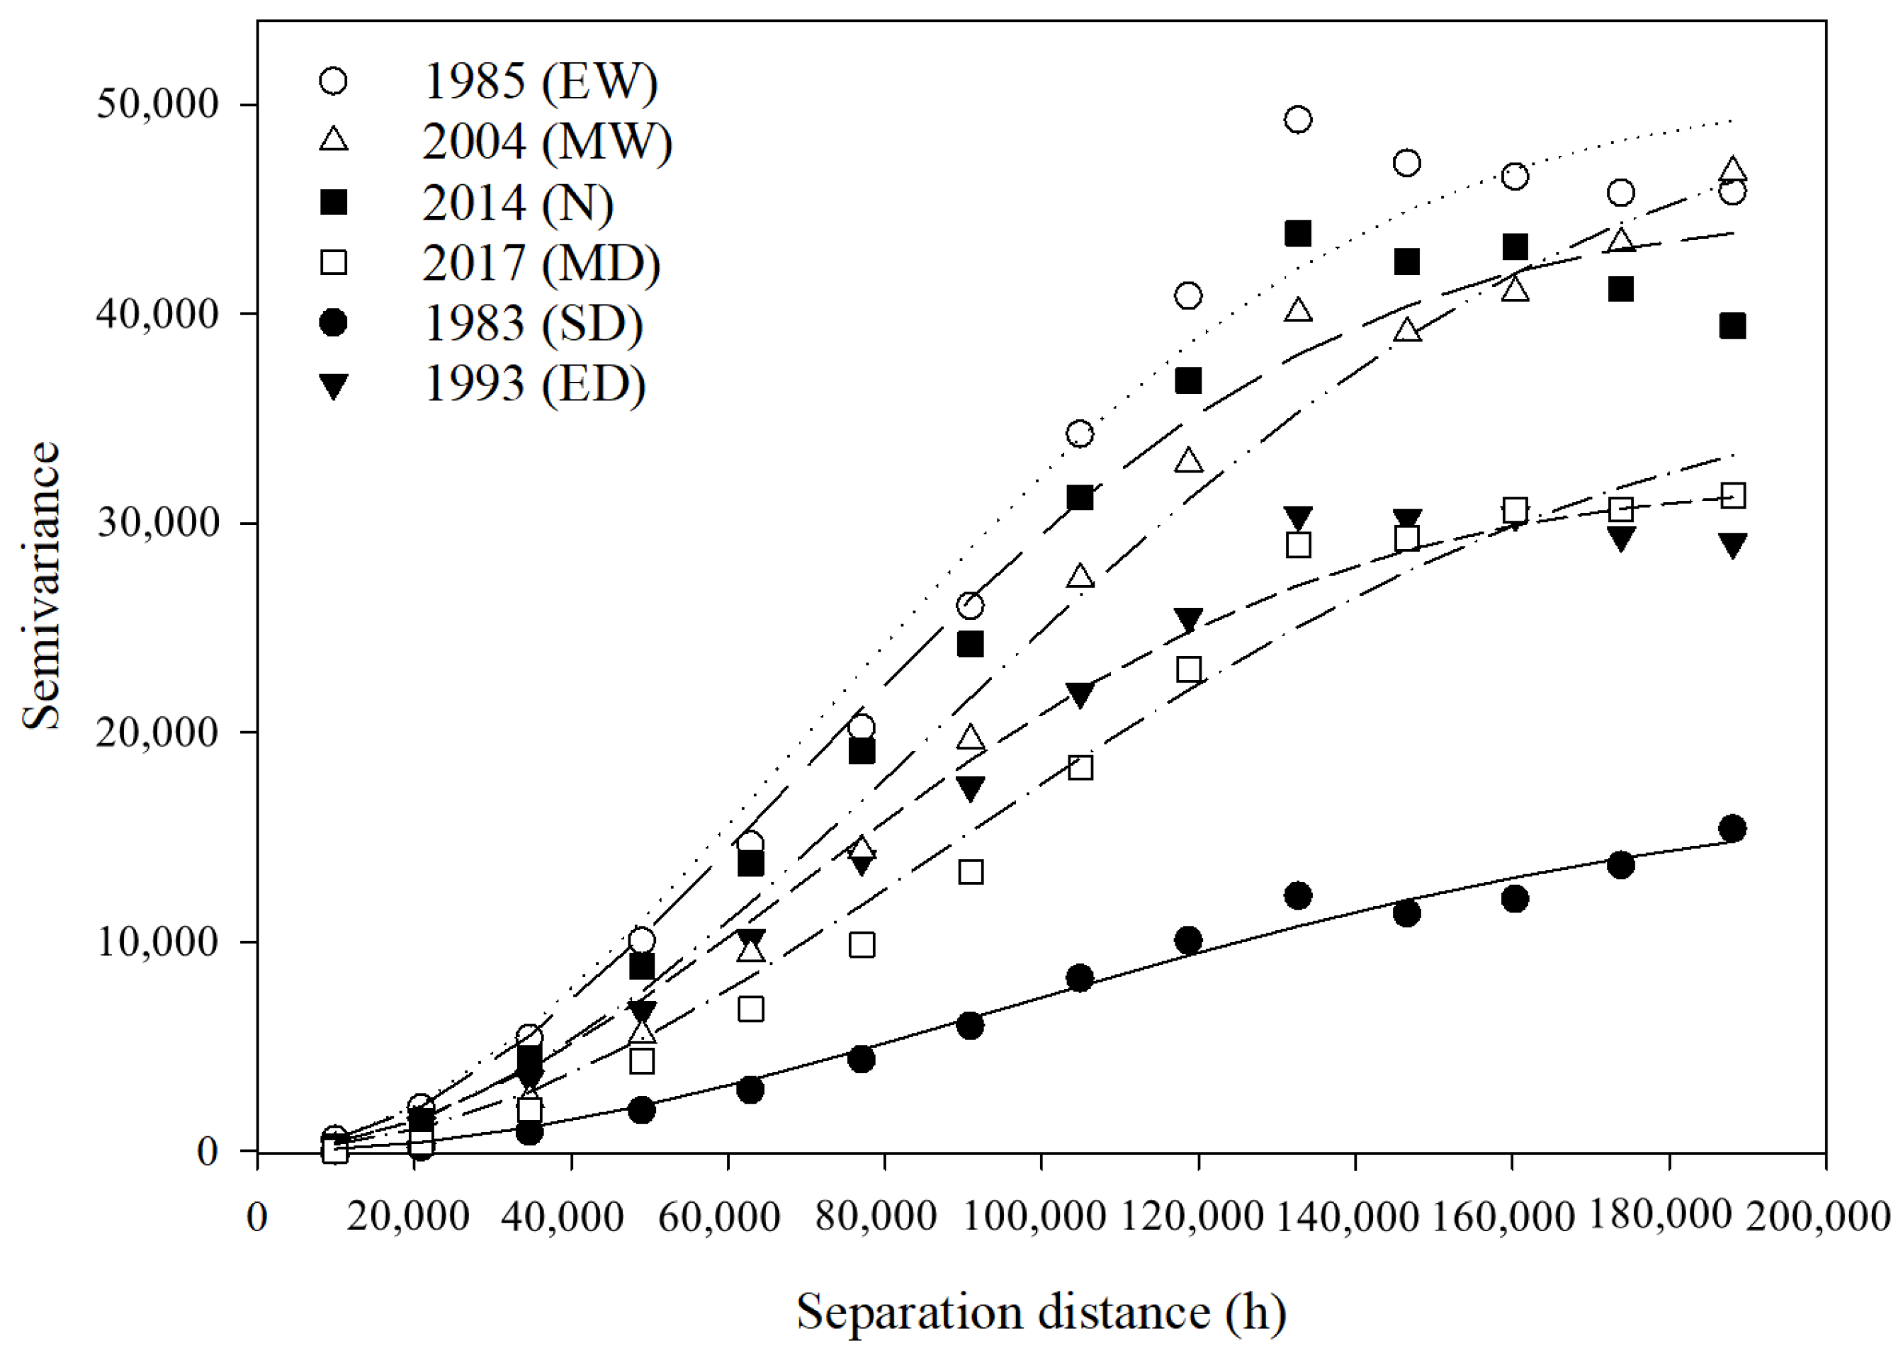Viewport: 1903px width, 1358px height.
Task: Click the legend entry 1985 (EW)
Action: click(x=540, y=81)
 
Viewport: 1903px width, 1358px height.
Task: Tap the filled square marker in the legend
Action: click(x=334, y=203)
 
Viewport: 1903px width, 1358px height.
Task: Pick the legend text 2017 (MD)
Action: click(x=541, y=263)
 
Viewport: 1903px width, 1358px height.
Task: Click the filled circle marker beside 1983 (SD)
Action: click(x=334, y=323)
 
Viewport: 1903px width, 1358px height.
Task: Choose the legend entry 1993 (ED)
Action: click(x=534, y=384)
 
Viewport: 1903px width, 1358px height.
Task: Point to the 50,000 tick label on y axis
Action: click(x=157, y=105)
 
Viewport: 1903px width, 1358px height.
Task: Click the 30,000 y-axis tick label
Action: click(x=157, y=524)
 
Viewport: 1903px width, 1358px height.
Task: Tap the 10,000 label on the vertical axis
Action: click(x=157, y=942)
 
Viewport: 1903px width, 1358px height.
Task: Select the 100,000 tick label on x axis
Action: click(x=1034, y=1216)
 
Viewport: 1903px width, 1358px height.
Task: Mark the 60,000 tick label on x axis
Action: click(x=719, y=1216)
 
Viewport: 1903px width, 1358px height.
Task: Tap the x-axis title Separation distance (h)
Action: click(x=1041, y=1311)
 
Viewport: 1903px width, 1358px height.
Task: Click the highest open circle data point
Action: click(x=1298, y=120)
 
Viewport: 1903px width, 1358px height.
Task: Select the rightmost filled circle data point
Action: click(x=1732, y=829)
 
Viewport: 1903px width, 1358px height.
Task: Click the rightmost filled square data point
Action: click(x=1732, y=326)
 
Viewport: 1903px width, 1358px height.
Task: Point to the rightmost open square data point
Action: click(x=1732, y=496)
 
